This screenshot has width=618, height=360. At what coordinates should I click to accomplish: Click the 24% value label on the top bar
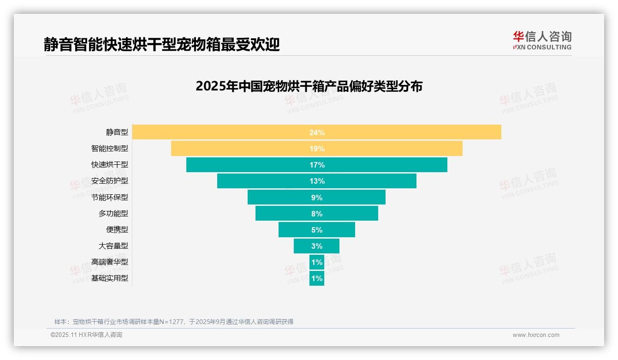(x=317, y=132)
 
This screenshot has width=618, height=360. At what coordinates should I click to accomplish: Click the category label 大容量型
(x=113, y=246)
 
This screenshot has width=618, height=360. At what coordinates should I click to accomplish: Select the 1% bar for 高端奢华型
(x=317, y=262)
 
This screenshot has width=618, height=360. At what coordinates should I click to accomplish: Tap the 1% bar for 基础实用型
(x=317, y=278)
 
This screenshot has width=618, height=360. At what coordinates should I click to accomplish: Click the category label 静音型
(x=117, y=132)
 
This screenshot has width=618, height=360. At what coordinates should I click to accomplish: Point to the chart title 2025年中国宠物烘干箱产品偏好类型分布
(x=309, y=86)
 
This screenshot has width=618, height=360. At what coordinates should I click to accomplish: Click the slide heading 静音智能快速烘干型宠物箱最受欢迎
(x=161, y=44)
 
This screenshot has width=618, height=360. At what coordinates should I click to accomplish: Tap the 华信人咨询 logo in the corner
(x=542, y=40)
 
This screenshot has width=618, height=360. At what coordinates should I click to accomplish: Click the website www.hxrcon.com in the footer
(x=536, y=335)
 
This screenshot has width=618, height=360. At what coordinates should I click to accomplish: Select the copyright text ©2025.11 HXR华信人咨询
(x=86, y=335)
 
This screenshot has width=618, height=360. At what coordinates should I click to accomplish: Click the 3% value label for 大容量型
(x=317, y=246)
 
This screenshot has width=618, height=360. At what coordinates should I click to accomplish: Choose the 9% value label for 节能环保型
(x=317, y=198)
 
